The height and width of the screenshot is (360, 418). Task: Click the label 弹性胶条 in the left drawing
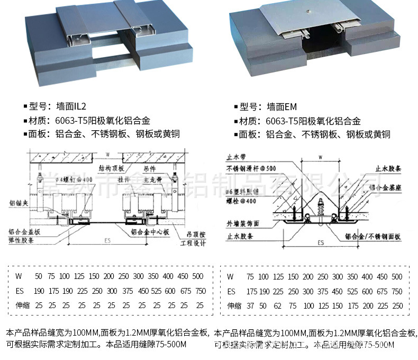[21, 240]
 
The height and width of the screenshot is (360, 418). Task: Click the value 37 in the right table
[250, 305]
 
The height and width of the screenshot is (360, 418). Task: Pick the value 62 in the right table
[278, 305]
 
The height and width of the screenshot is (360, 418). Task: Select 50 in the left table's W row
[38, 276]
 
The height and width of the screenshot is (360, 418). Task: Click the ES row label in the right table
[231, 291]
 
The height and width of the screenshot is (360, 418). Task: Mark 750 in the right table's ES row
[397, 291]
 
